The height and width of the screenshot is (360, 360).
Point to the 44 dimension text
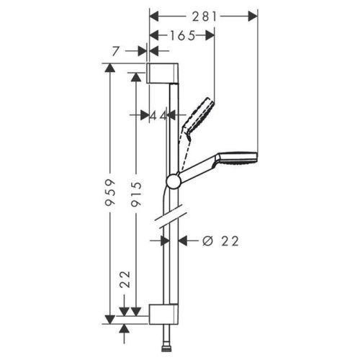[158, 114]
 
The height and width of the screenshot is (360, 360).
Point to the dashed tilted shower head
[199, 114]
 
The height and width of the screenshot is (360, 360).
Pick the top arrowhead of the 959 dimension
[109, 67]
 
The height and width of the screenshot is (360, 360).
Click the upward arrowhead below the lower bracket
[126, 328]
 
